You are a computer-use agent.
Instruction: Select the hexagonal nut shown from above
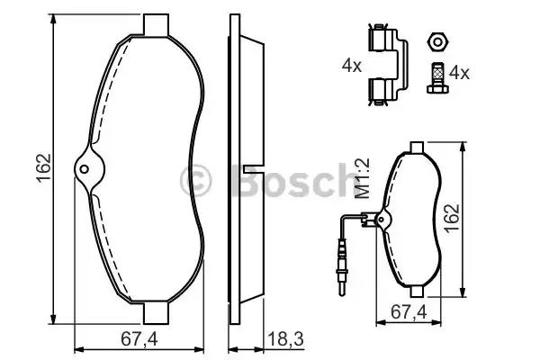click(436, 41)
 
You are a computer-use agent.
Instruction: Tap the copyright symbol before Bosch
click(196, 180)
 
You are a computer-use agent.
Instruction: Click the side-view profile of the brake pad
click(243, 171)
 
